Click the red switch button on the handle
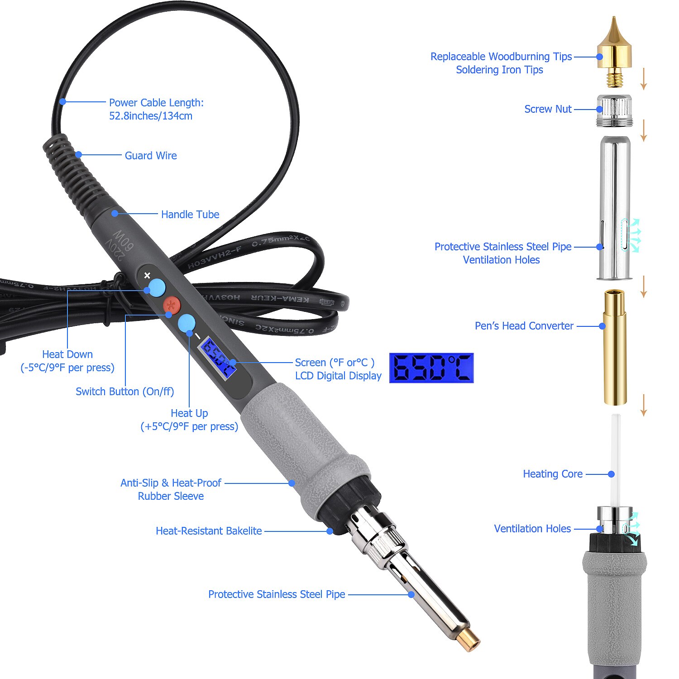172,305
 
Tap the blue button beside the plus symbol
157,287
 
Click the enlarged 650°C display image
431,368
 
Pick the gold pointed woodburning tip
614,50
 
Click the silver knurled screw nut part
614,110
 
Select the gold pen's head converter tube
615,347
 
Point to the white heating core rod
615,457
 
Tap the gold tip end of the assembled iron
468,640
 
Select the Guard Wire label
151,156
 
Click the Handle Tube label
190,215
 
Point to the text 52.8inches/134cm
151,116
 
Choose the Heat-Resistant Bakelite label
209,531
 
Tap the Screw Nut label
548,109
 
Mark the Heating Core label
553,474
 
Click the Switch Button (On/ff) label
125,392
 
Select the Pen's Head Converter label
524,326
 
